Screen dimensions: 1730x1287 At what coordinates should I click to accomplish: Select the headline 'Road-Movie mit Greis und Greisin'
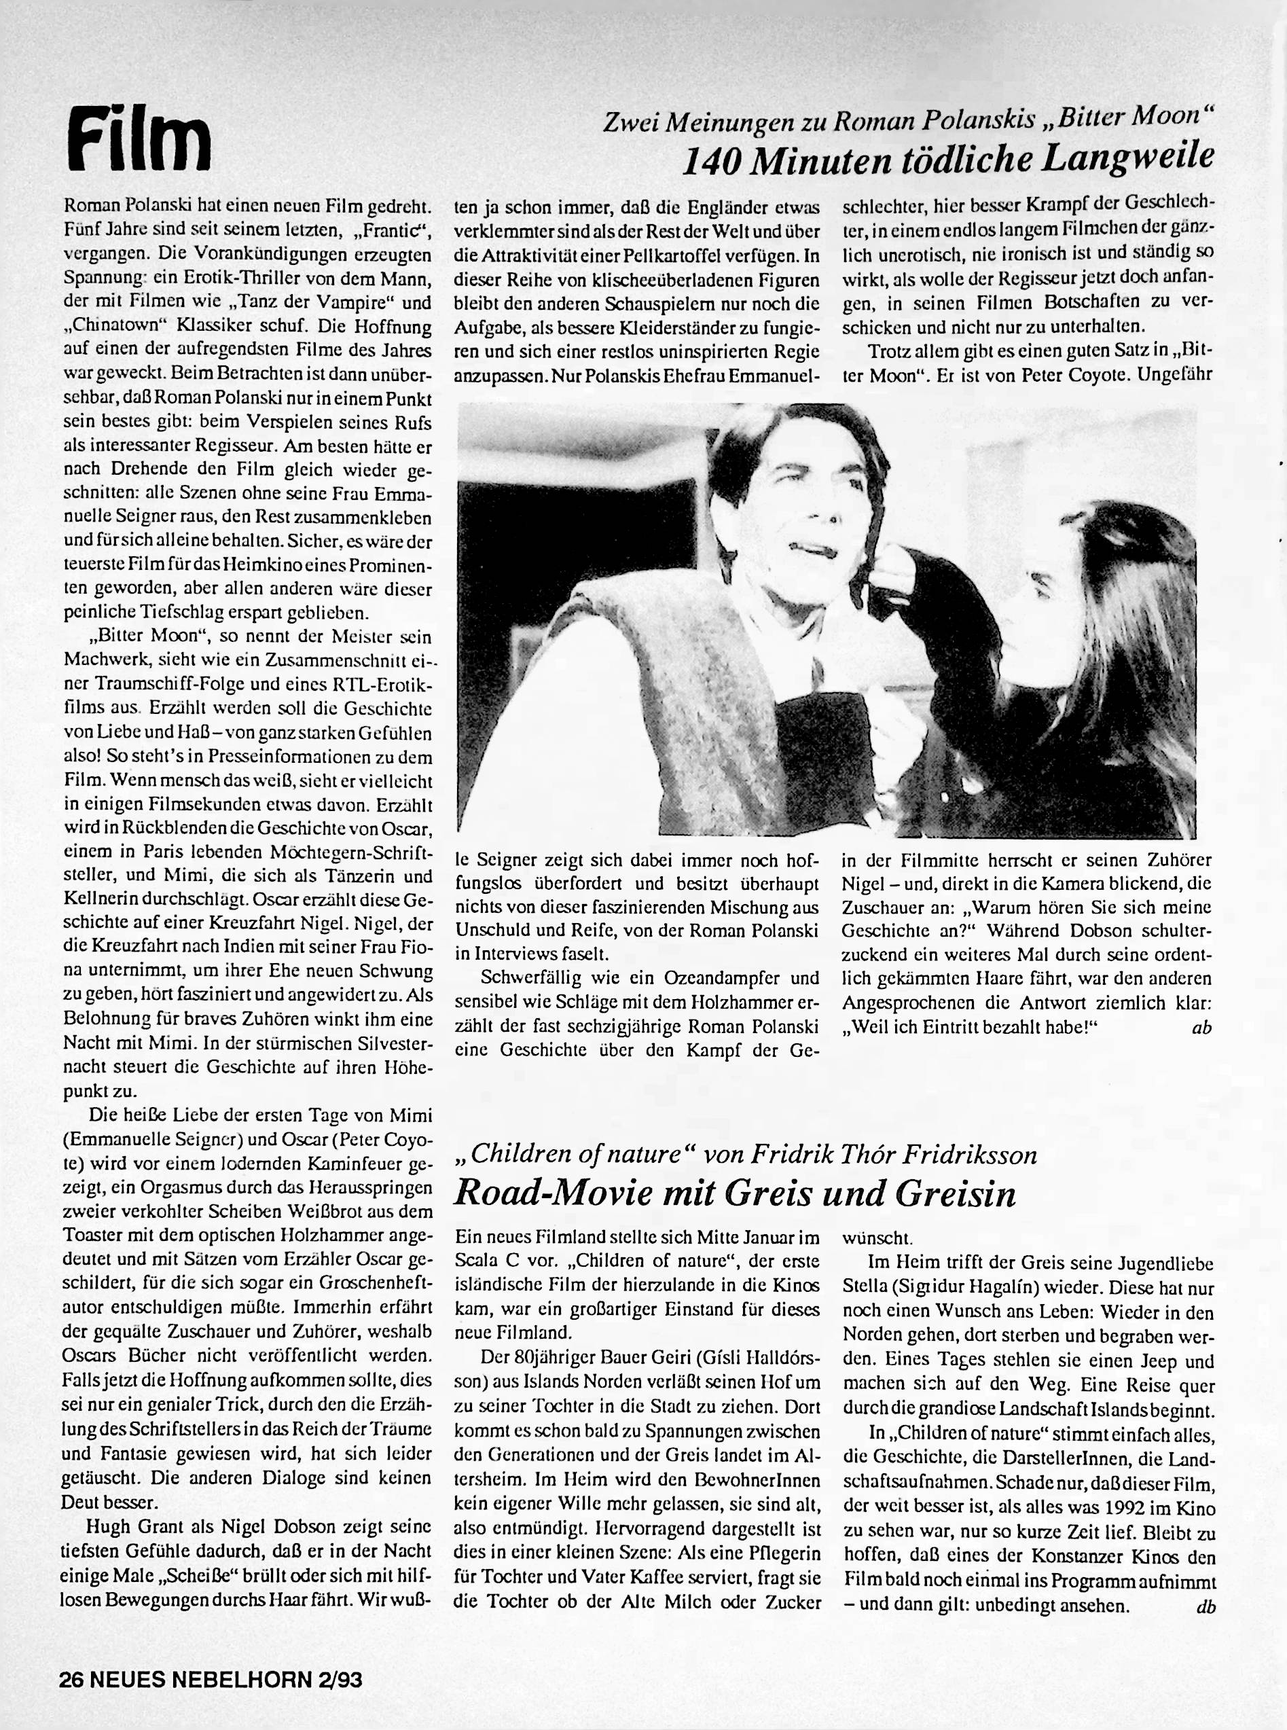point(734,1193)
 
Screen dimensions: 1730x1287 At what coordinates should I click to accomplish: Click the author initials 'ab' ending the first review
point(1201,1028)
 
